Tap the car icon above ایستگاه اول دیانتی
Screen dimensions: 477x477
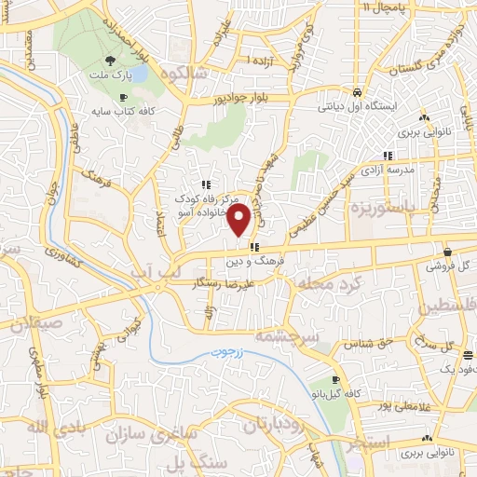click(x=358, y=92)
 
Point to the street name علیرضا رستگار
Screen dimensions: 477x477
click(x=224, y=280)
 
